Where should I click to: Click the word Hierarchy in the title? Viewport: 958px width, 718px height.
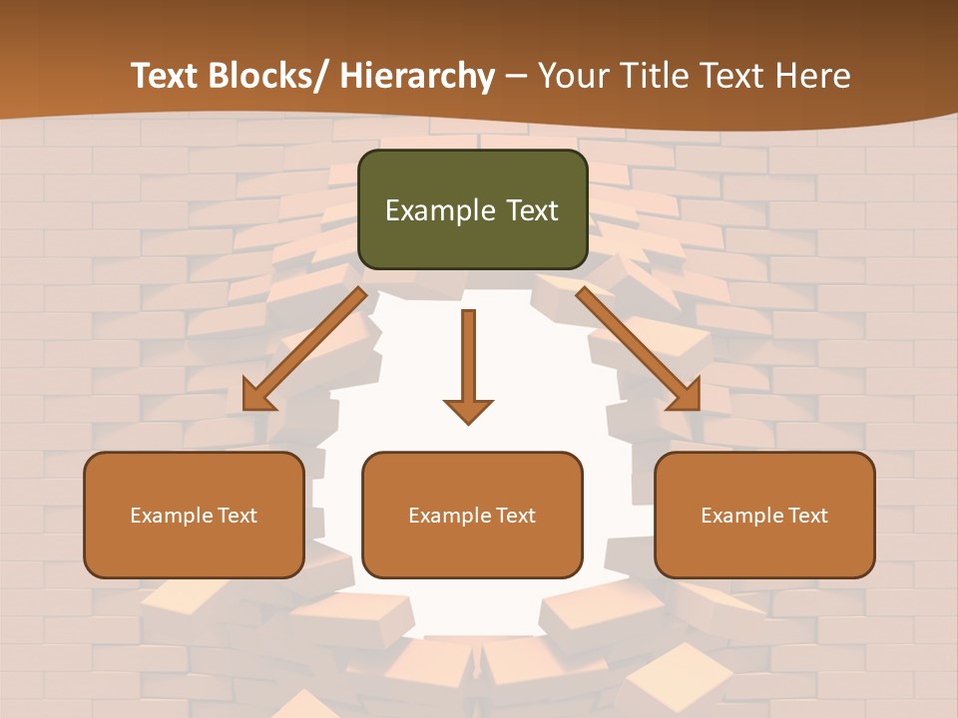click(417, 76)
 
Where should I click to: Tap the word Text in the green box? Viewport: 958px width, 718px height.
click(531, 211)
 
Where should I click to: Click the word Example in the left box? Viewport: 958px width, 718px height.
click(166, 516)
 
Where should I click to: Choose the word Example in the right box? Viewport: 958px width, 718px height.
click(736, 516)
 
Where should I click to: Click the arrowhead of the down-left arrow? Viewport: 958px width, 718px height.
click(257, 397)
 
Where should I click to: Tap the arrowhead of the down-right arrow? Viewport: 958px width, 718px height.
click(686, 397)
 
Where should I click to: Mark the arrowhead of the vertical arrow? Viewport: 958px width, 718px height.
click(468, 410)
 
